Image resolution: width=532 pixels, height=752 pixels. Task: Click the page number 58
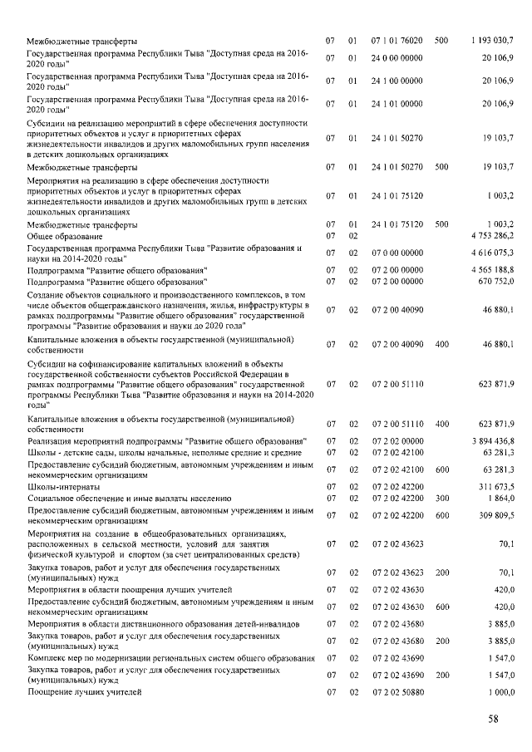[x=494, y=720]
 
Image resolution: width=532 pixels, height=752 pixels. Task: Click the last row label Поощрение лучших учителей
[x=85, y=692]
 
